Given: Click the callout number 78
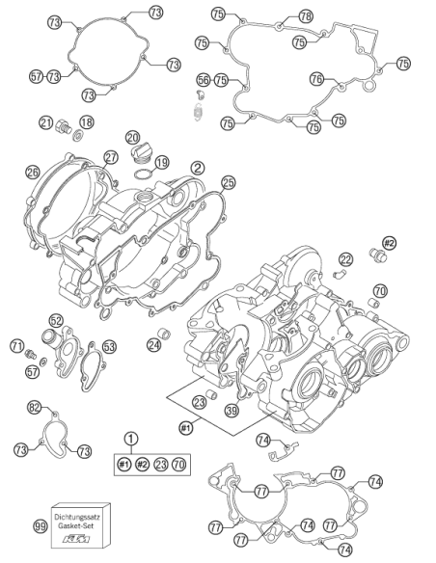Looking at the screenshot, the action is click(x=305, y=15).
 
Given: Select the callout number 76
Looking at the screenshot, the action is click(x=316, y=79).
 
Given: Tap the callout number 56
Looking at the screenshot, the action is click(x=204, y=80).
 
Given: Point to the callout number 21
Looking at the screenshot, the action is click(x=46, y=122).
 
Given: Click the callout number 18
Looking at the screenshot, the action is click(x=86, y=122).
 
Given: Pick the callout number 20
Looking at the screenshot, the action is click(x=132, y=138).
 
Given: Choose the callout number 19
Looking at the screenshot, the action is click(x=162, y=162).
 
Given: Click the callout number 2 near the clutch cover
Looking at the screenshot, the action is click(x=198, y=168).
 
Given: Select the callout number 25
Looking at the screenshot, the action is click(x=228, y=182).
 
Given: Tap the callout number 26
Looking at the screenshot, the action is click(x=33, y=173).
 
